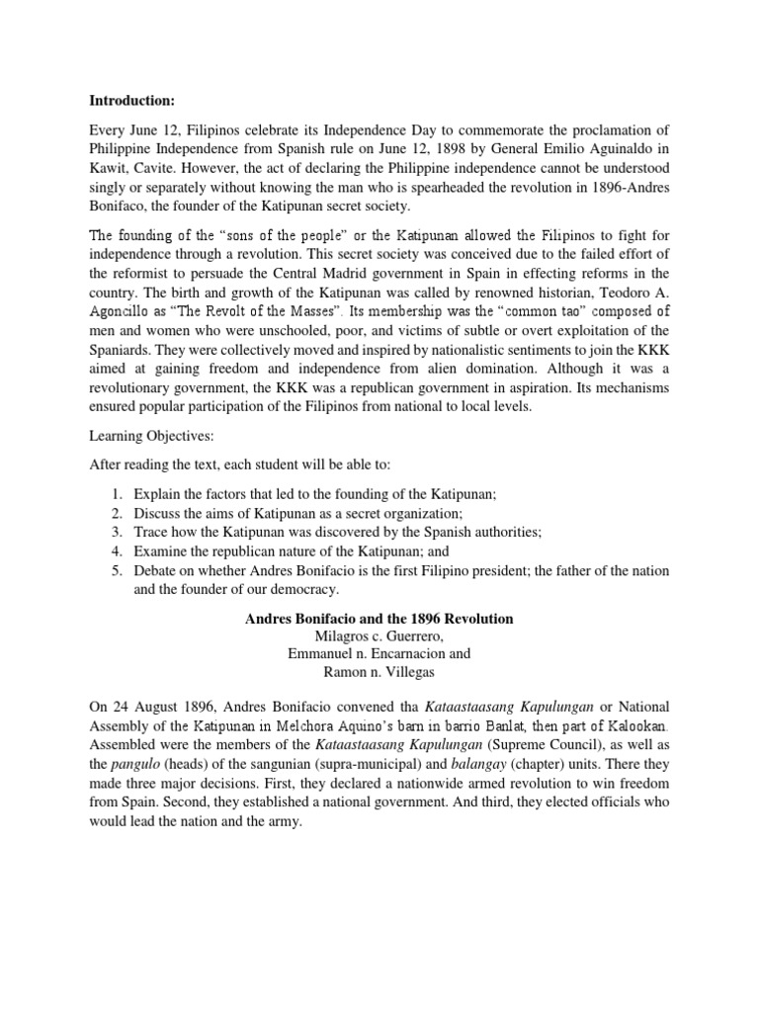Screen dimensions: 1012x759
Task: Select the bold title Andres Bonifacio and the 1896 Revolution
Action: pyautogui.click(x=379, y=619)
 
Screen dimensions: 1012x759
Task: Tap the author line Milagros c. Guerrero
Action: pyautogui.click(x=379, y=636)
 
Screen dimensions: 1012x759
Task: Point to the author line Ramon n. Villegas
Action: pyautogui.click(x=379, y=672)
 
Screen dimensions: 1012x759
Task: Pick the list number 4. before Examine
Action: pyautogui.click(x=117, y=552)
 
